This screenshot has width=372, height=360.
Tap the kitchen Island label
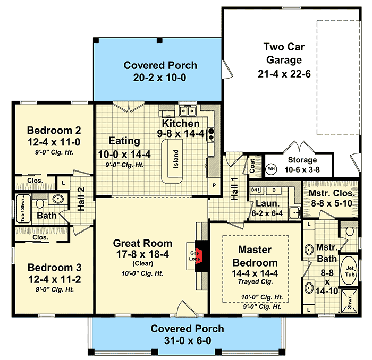click(x=176, y=158)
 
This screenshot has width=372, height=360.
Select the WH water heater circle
click(x=271, y=168)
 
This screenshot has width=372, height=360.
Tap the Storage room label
click(x=302, y=160)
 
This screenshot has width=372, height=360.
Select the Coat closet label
click(x=252, y=166)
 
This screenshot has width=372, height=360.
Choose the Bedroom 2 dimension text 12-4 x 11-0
click(x=54, y=142)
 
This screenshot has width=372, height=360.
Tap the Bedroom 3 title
click(x=54, y=267)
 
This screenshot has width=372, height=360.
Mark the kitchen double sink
click(x=186, y=111)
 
